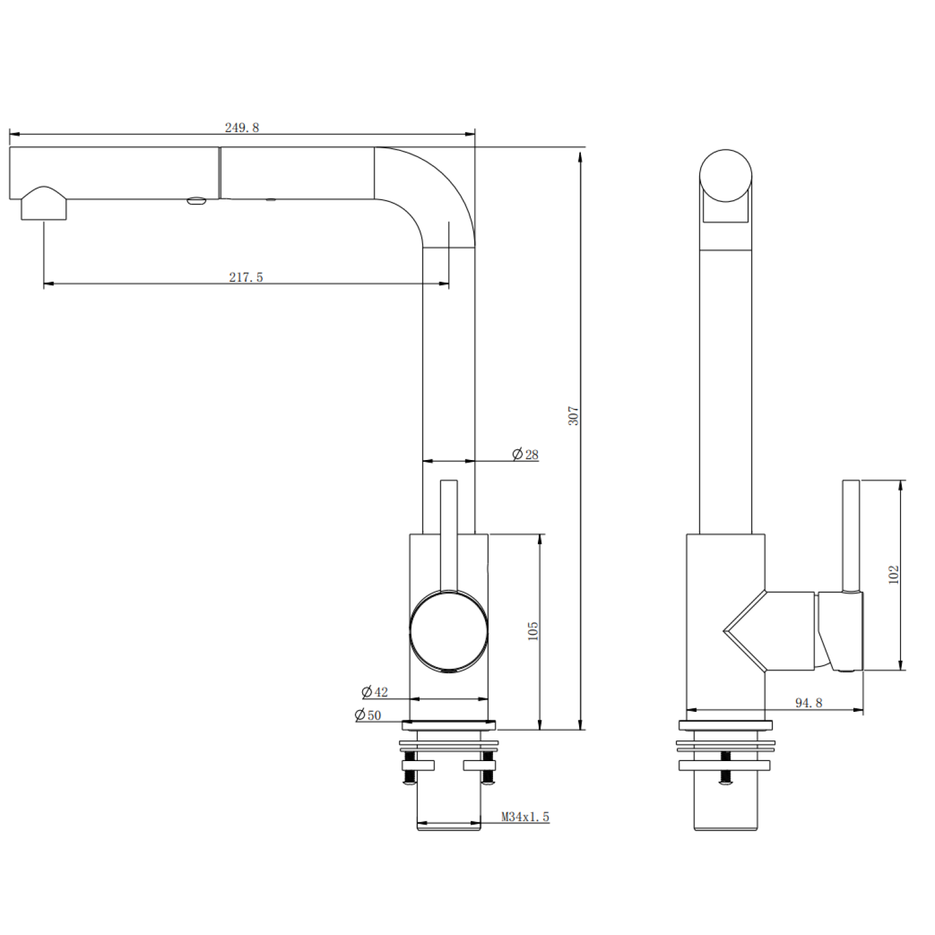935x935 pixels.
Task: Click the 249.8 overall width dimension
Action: click(242, 127)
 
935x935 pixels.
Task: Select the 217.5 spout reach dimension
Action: click(246, 277)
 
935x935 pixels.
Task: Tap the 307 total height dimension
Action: click(573, 416)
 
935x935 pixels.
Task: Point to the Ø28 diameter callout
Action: click(525, 454)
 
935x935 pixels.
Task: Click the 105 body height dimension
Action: click(533, 631)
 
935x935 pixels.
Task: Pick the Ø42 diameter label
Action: click(375, 692)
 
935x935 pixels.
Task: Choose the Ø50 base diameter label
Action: click(368, 715)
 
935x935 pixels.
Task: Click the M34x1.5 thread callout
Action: click(525, 817)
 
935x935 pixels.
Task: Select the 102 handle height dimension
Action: click(894, 574)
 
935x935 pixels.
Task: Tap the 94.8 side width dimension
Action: click(808, 702)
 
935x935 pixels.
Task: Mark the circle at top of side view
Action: click(726, 175)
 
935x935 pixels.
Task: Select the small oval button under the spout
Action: click(196, 201)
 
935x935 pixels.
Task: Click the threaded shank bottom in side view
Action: click(726, 810)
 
